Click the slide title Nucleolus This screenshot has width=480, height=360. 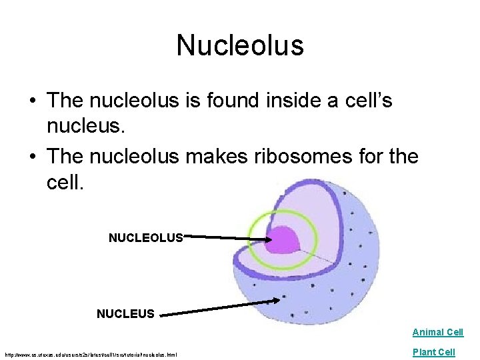click(x=240, y=45)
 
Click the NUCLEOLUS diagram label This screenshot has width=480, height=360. click(x=145, y=237)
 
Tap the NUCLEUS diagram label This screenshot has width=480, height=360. click(x=125, y=313)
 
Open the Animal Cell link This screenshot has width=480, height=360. click(x=437, y=332)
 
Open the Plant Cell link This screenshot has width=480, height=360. click(x=433, y=352)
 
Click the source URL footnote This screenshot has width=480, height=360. click(x=91, y=354)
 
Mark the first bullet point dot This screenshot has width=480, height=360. click(x=31, y=101)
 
